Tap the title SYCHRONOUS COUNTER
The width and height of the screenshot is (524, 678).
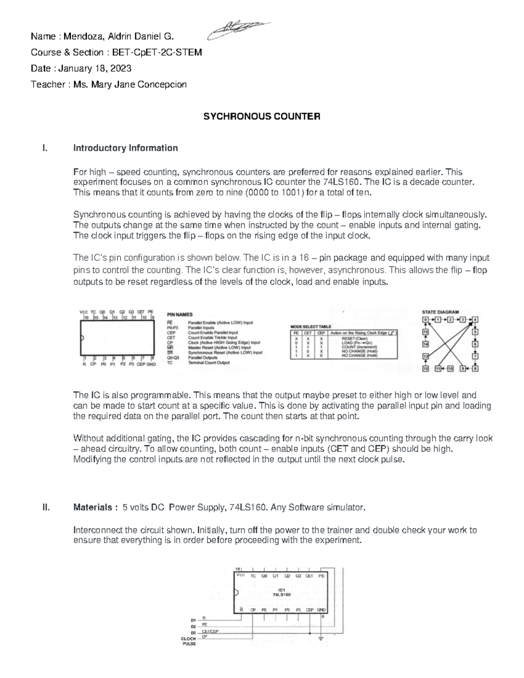[x=262, y=117]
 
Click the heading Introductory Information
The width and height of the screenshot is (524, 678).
[x=125, y=148]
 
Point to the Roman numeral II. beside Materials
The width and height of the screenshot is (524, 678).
[x=46, y=507]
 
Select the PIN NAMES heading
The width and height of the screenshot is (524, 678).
[x=180, y=314]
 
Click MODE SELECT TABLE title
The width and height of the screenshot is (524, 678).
[x=311, y=327]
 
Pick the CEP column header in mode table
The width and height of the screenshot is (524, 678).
[x=321, y=333]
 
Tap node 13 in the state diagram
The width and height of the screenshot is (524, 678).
[x=426, y=356]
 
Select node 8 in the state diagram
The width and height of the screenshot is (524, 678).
[x=476, y=368]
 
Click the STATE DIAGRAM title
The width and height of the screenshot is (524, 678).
[x=440, y=312]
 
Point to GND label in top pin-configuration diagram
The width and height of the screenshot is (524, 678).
[x=151, y=364]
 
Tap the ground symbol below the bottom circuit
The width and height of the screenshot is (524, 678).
[x=321, y=639]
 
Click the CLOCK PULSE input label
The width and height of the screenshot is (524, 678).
[x=189, y=641]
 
